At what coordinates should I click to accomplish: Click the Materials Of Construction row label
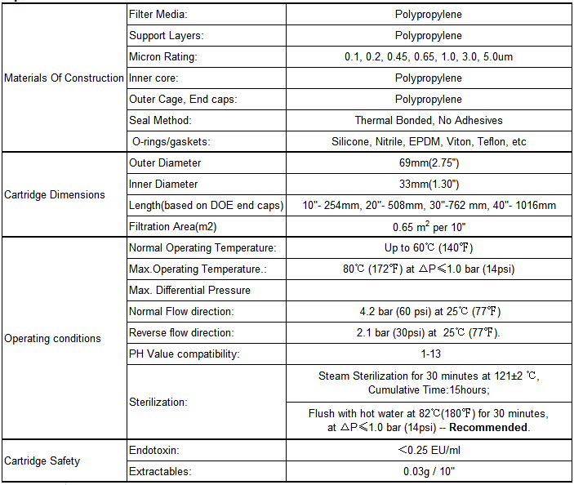pos(65,78)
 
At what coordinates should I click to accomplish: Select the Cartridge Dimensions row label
pos(55,195)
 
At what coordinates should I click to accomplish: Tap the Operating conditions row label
pos(53,339)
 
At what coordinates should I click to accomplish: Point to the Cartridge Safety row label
pos(42,461)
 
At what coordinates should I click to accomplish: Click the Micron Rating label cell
pos(163,57)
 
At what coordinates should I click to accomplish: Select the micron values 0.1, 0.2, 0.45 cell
pos(429,57)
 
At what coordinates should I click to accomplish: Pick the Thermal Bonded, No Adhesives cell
pos(429,121)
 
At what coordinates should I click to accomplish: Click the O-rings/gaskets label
pos(171,142)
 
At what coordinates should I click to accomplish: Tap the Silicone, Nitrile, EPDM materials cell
pos(429,142)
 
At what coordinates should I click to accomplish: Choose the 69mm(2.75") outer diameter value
pos(429,163)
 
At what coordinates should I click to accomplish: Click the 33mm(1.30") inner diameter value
pos(429,185)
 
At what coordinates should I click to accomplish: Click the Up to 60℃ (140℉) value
pos(429,248)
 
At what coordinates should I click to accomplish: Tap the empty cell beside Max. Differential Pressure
pos(429,291)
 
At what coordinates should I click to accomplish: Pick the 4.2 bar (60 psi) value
pos(429,312)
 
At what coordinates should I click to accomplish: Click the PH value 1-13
pos(429,354)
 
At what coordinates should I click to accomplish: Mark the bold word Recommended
pos(488,427)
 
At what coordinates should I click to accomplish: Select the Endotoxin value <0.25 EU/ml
pos(429,450)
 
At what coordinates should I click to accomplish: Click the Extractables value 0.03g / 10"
pos(429,471)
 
